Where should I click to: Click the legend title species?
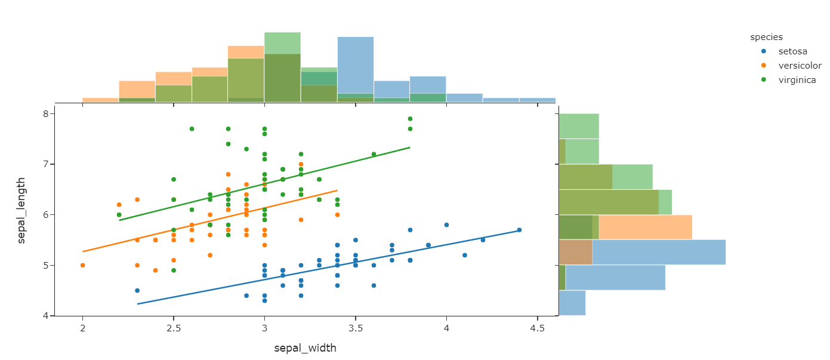766,37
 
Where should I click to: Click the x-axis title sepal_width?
305,348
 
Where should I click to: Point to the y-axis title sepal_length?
21,210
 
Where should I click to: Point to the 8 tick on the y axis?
45,113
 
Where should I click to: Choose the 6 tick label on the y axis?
45,214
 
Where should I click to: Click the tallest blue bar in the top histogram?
356,69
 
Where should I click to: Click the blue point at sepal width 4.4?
519,230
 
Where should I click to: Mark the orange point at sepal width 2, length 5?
82,265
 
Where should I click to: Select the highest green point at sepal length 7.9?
410,119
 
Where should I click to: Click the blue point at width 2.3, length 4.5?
137,291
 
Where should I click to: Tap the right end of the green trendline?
410,147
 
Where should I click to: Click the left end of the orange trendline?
83,251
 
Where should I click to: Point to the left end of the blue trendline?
137,304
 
